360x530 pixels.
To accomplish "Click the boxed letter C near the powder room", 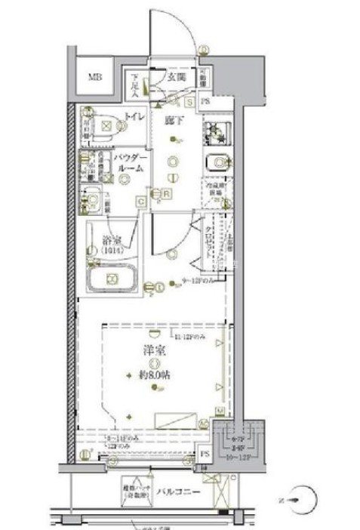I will pos(140,200).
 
